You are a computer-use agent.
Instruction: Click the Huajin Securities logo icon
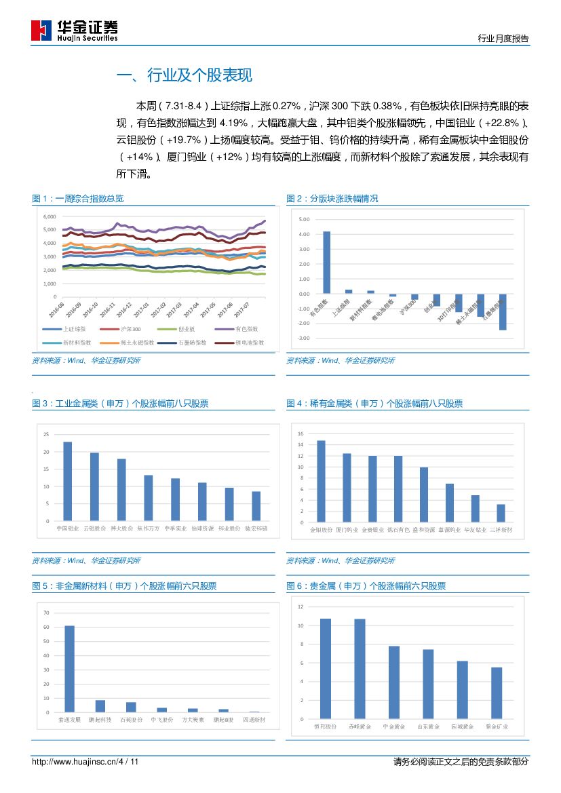click(41, 31)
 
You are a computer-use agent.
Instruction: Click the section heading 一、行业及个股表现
click(185, 75)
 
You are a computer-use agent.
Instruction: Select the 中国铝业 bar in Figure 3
click(67, 481)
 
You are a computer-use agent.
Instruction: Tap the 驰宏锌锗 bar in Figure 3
click(256, 505)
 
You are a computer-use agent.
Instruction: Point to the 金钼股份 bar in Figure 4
click(321, 481)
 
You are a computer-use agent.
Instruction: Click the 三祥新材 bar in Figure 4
click(501, 513)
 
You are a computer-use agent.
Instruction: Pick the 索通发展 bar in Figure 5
click(69, 668)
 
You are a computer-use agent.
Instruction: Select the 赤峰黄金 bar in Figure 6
click(360, 668)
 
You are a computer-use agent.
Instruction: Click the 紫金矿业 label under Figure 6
click(497, 727)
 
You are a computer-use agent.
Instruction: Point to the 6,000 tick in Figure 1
click(49, 216)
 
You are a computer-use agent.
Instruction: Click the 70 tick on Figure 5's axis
click(46, 613)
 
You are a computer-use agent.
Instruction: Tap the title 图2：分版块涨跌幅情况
click(332, 199)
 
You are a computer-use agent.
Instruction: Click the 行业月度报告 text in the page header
click(503, 39)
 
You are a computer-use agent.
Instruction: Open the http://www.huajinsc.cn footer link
click(75, 762)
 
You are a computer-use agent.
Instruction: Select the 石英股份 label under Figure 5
click(131, 720)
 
